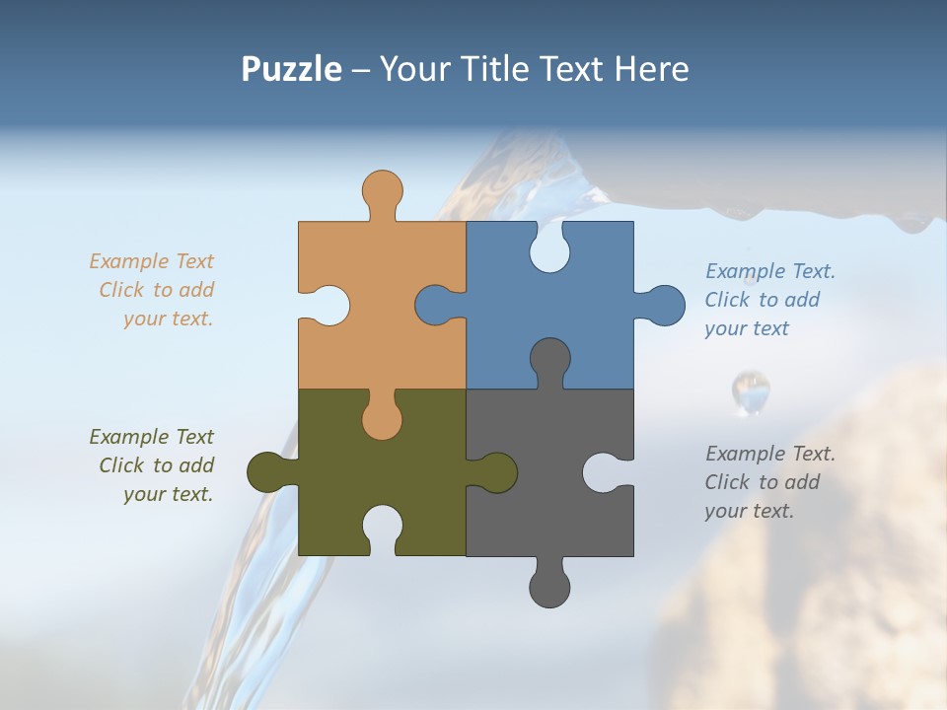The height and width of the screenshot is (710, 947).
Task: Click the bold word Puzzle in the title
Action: click(x=291, y=69)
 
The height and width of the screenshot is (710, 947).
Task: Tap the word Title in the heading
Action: click(x=504, y=69)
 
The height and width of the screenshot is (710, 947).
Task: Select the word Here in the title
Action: click(x=651, y=69)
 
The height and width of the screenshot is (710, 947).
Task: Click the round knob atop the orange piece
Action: click(x=382, y=189)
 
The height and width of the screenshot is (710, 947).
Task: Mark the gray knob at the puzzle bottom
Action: click(x=549, y=588)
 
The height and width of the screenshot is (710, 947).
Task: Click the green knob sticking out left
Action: click(x=266, y=472)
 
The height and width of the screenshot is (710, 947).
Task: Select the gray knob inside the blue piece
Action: click(x=549, y=359)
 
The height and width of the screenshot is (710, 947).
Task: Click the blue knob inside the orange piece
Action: click(x=435, y=306)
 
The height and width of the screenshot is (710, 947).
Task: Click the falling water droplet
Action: click(x=751, y=391)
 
